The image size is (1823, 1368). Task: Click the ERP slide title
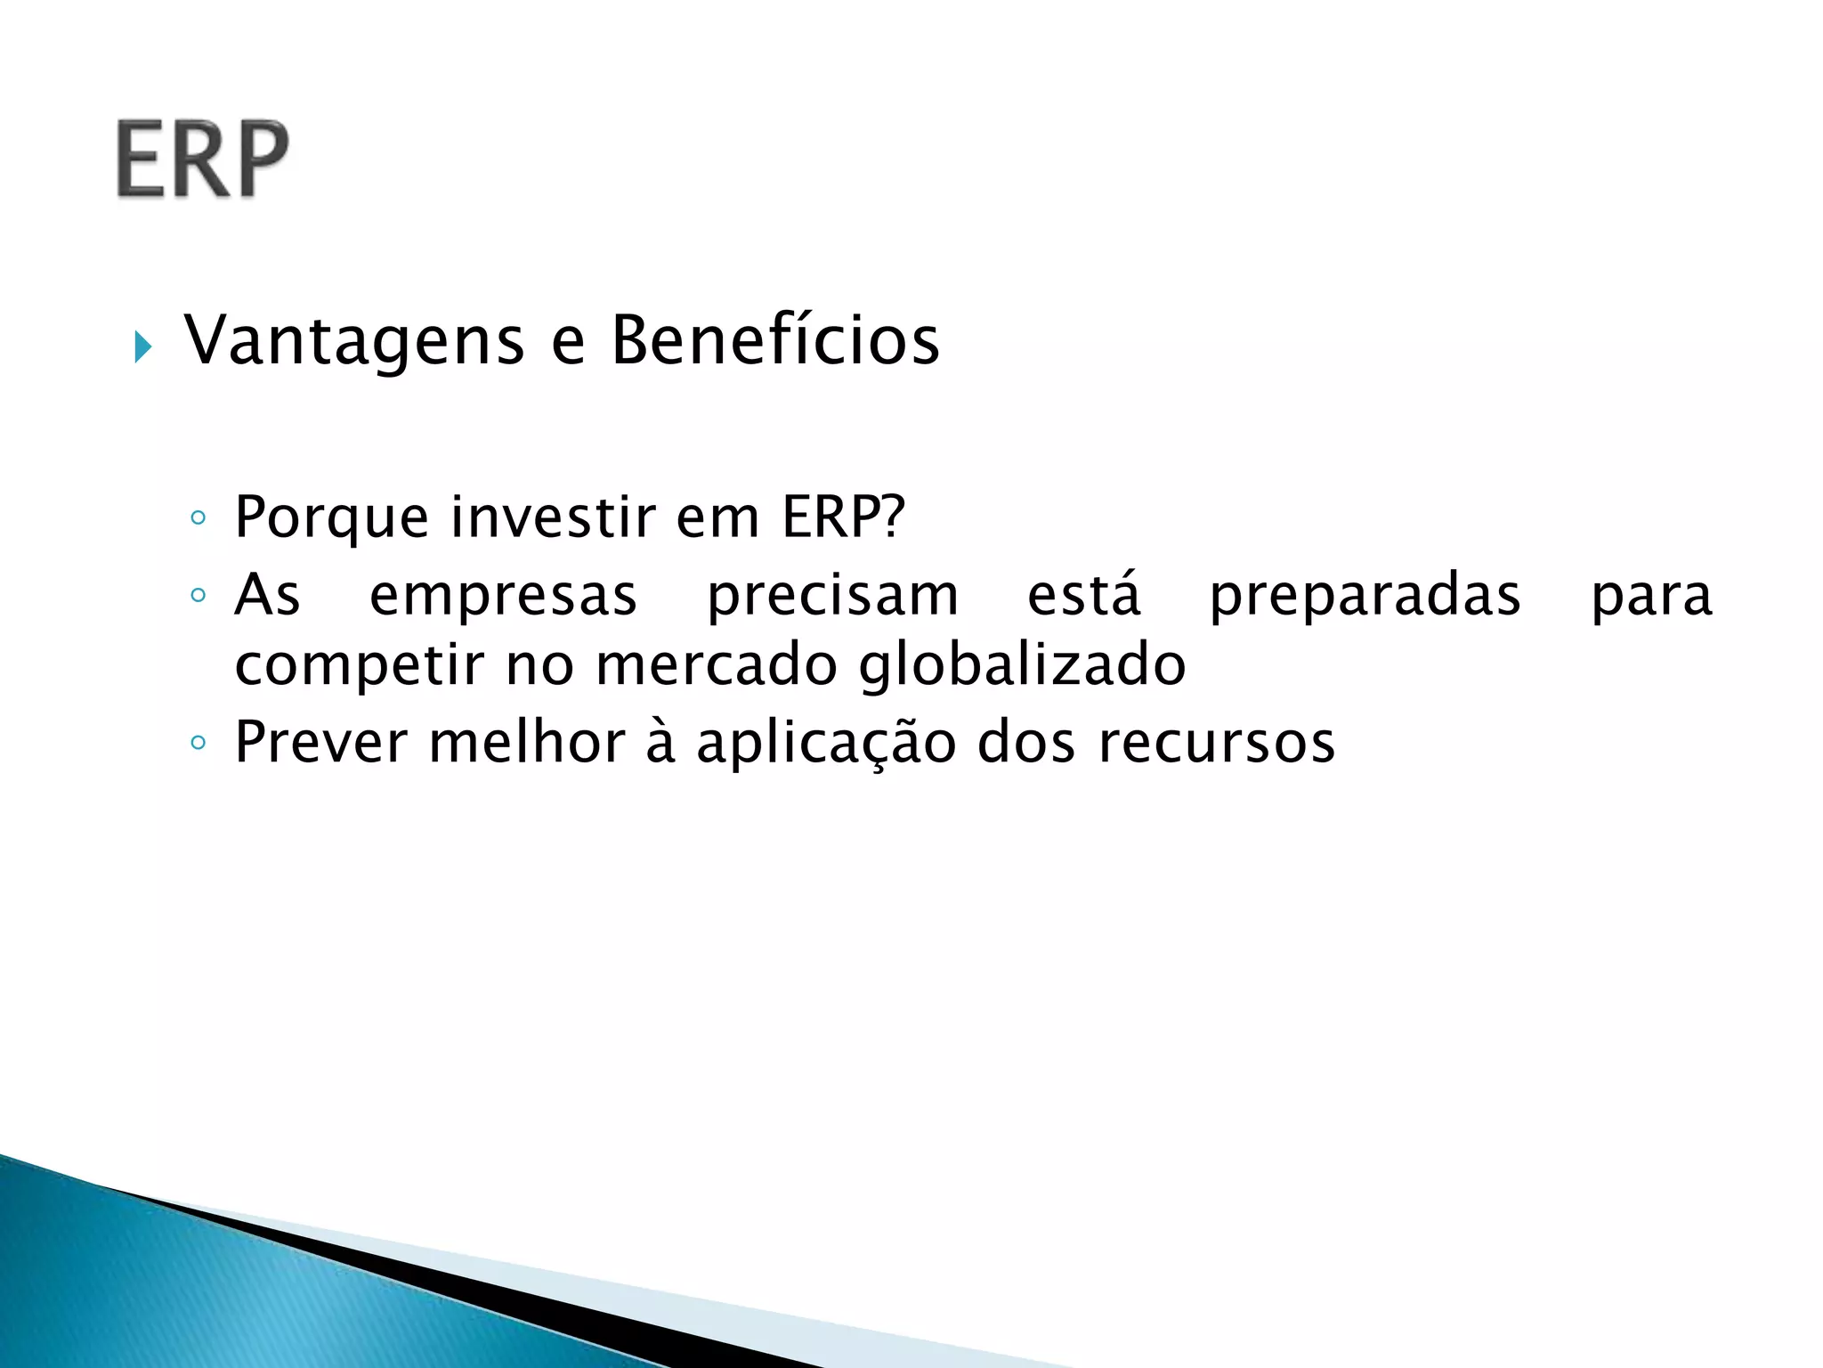tap(203, 159)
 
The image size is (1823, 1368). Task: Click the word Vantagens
tap(354, 341)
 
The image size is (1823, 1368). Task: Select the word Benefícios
tap(774, 341)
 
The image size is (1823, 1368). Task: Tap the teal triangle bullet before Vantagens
tap(142, 346)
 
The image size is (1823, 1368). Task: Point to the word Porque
tap(331, 517)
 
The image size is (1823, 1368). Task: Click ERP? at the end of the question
tap(843, 517)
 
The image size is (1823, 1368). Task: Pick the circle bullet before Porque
tap(199, 517)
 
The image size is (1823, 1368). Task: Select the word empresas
tap(503, 595)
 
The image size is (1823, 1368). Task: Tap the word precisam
tap(833, 595)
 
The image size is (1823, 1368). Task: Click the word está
tap(1083, 595)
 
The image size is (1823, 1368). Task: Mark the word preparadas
tap(1365, 595)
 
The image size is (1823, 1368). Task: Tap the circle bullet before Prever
tap(199, 742)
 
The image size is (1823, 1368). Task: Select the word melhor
tap(527, 742)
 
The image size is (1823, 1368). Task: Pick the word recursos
tap(1216, 742)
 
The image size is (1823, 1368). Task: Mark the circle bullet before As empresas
tap(199, 595)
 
